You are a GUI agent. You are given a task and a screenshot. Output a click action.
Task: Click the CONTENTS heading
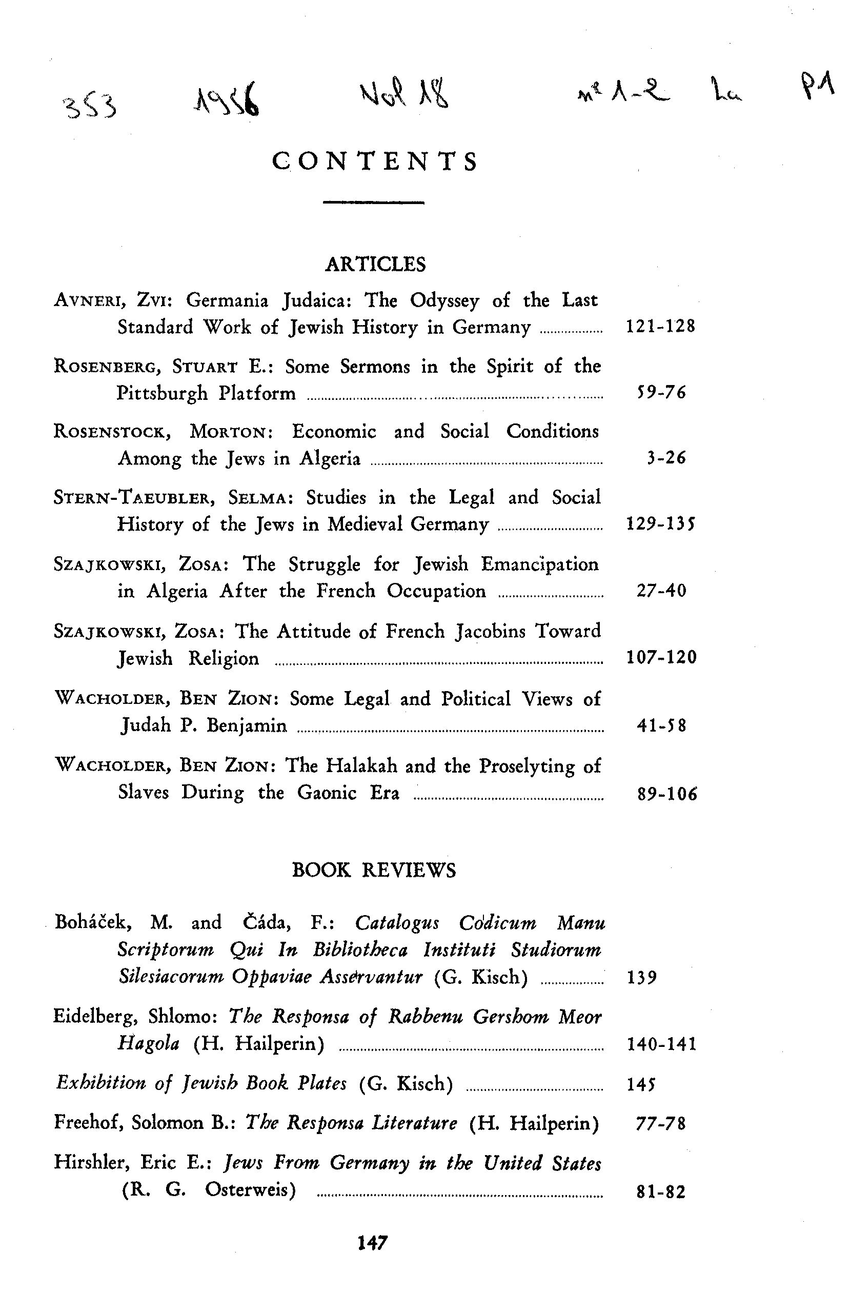(375, 161)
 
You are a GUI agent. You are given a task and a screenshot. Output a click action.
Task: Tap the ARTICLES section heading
(375, 265)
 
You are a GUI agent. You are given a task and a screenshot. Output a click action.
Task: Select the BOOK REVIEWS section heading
(374, 871)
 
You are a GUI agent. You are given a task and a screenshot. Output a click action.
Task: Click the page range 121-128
(661, 326)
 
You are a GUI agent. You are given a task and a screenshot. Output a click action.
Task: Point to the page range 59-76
(661, 393)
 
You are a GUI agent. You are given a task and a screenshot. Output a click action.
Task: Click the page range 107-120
(661, 657)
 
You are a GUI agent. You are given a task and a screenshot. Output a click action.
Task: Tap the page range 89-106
(667, 794)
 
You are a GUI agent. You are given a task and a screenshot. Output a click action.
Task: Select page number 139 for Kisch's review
(642, 977)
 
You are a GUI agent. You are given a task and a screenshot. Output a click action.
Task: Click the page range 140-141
(661, 1044)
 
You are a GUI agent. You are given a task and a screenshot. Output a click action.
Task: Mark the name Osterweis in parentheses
(250, 1190)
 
